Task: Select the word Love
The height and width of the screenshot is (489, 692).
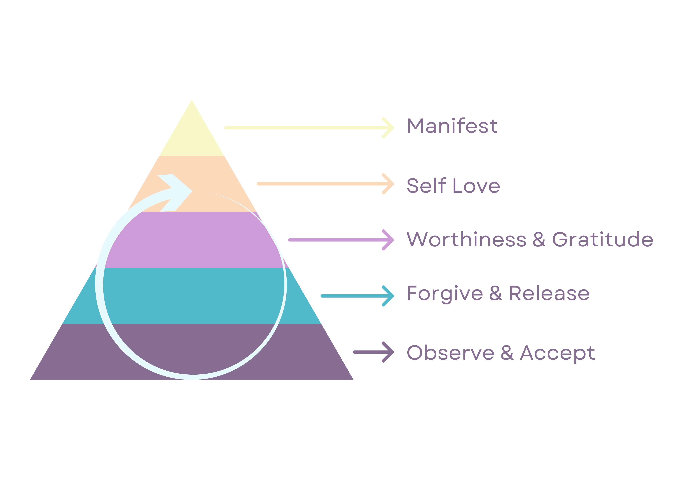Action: (477, 186)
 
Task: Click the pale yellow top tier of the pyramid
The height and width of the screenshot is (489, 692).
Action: (192, 136)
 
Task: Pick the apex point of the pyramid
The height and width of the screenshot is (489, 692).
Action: (192, 100)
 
